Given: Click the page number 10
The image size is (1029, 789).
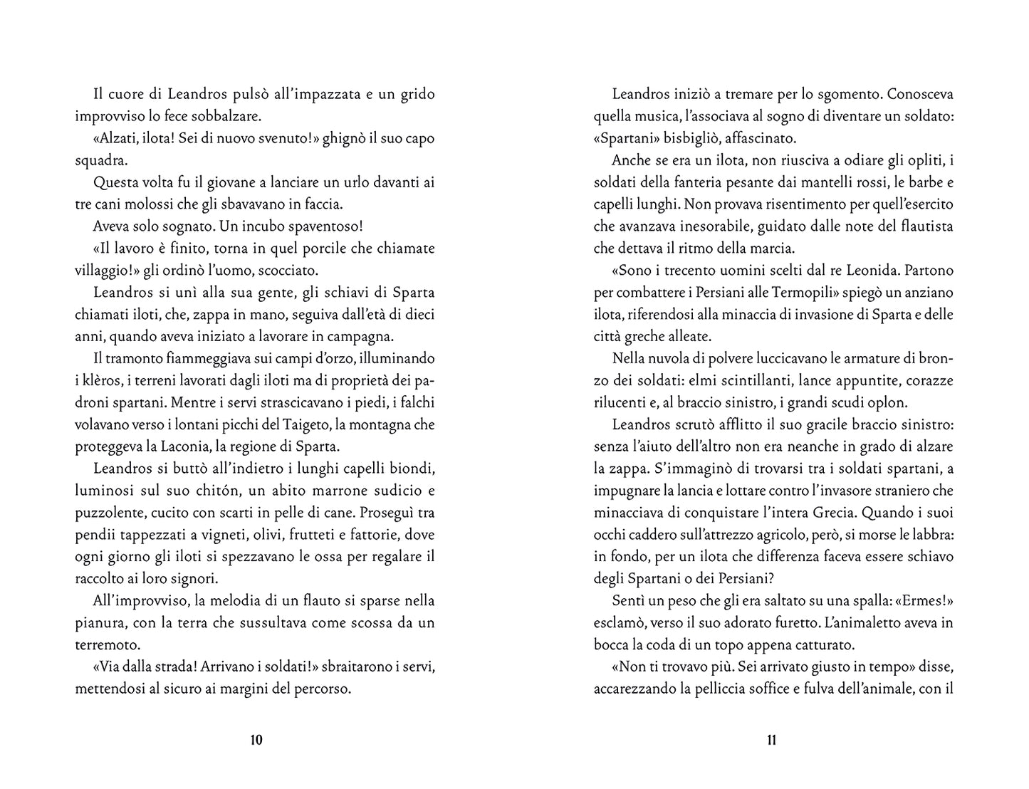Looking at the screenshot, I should pos(256,740).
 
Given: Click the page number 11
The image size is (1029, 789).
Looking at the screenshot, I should pos(772,740).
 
